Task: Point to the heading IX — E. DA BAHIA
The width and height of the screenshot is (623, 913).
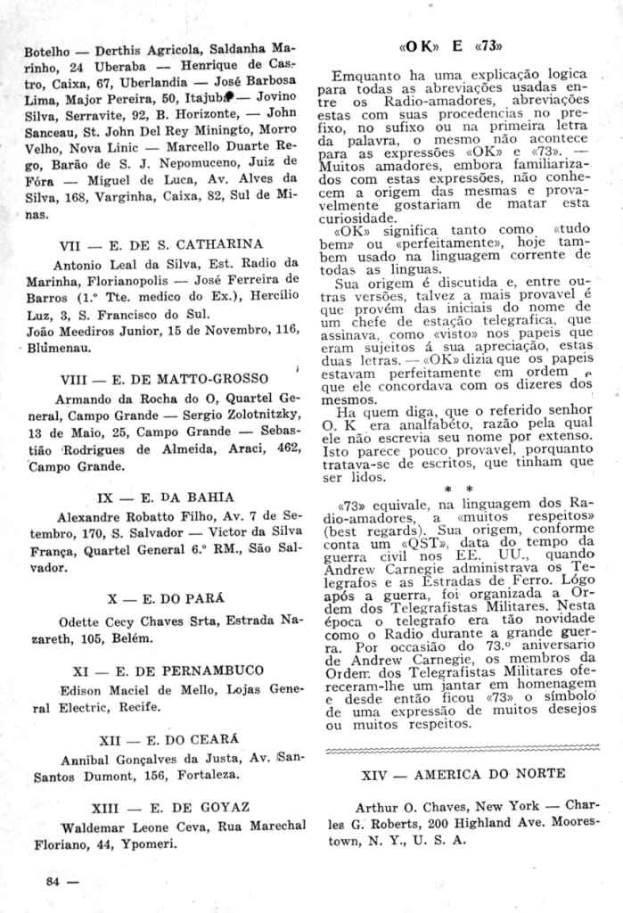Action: click(x=164, y=497)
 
